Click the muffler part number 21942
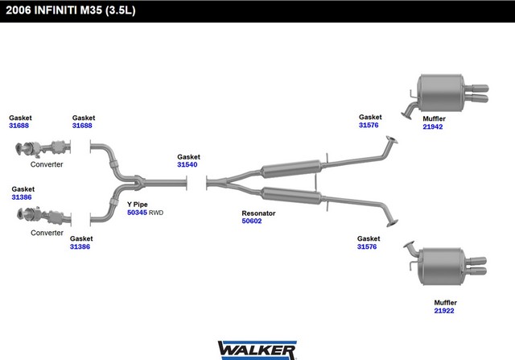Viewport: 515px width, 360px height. tap(433, 127)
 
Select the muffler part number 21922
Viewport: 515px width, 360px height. tap(444, 311)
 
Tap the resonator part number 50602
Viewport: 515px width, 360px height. tap(252, 221)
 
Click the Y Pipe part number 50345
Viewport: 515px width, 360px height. tap(137, 213)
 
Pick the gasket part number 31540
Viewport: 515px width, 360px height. tap(187, 164)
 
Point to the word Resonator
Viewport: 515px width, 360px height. tap(258, 213)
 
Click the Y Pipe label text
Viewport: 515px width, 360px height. tap(138, 205)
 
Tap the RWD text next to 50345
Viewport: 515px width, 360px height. tap(156, 213)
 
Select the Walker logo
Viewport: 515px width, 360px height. tap(257, 350)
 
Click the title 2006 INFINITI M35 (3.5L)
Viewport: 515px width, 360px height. tap(71, 10)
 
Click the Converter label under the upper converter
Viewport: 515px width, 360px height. tap(47, 164)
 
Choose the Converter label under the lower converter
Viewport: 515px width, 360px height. tap(47, 233)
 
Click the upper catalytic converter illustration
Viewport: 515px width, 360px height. tap(43, 148)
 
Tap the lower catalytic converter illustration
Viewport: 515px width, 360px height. tap(44, 215)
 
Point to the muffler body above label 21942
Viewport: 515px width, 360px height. tap(441, 93)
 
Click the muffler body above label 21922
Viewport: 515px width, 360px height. tap(443, 267)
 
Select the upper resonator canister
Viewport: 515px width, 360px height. tap(291, 169)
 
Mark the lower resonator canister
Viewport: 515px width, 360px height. tap(291, 196)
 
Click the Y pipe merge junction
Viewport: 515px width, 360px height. tap(139, 182)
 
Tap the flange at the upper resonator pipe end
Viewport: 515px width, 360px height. tap(392, 140)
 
